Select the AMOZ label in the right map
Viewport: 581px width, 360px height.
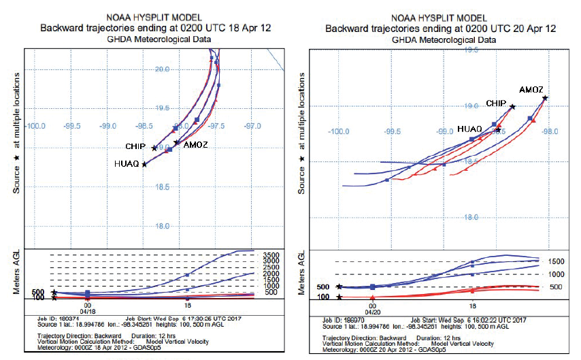point(531,90)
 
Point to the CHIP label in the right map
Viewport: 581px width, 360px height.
point(495,103)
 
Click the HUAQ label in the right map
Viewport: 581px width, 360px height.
point(469,129)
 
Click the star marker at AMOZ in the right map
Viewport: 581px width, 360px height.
point(545,99)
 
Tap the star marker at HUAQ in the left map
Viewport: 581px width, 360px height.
point(144,164)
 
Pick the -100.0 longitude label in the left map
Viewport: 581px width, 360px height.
point(35,126)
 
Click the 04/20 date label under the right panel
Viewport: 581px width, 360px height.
point(372,312)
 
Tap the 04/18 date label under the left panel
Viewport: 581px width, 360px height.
point(87,312)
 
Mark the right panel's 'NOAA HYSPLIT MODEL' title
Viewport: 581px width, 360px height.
point(440,18)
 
